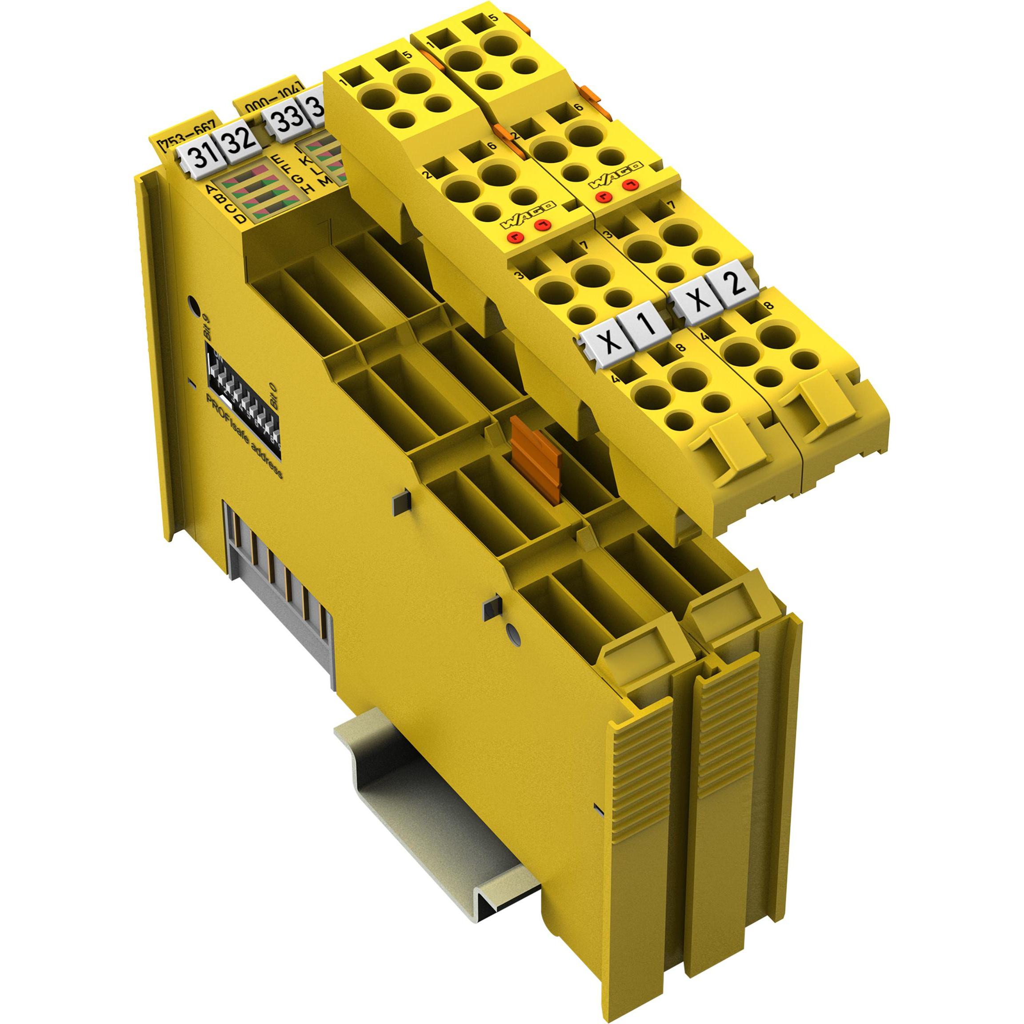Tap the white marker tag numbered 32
tap(236, 144)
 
